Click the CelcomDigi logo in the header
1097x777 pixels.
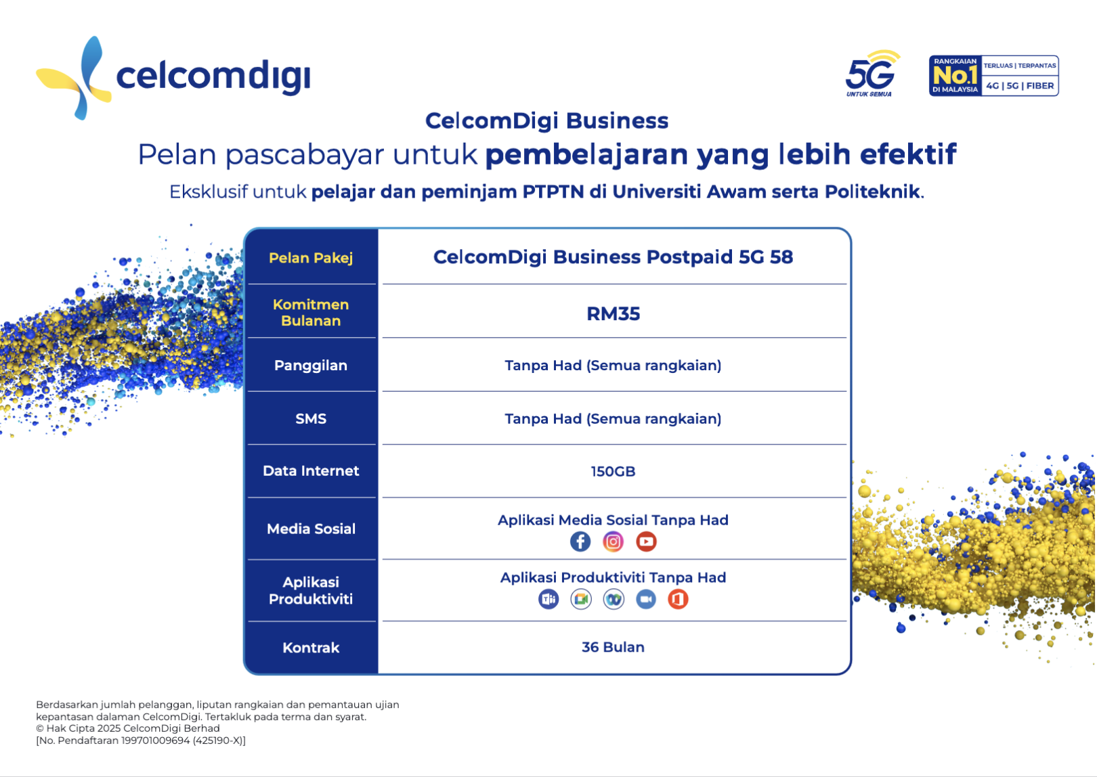[173, 76]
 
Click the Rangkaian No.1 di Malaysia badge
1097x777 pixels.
[993, 76]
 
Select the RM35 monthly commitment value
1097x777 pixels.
[613, 314]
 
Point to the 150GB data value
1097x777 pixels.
[613, 472]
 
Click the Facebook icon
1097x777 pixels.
[580, 541]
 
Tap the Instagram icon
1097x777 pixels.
[613, 541]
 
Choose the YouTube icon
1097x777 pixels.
[646, 541]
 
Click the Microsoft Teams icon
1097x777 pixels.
[548, 599]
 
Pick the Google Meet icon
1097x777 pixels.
[581, 599]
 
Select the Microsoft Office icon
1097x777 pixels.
[678, 599]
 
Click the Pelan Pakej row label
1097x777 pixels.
[311, 258]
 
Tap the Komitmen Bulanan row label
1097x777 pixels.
[311, 313]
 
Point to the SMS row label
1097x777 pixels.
[311, 419]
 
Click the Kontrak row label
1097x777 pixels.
[311, 648]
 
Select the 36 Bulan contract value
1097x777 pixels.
[613, 648]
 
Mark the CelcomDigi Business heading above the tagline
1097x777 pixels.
[546, 121]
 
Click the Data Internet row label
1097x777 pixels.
[311, 471]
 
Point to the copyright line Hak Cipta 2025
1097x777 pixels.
[128, 729]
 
